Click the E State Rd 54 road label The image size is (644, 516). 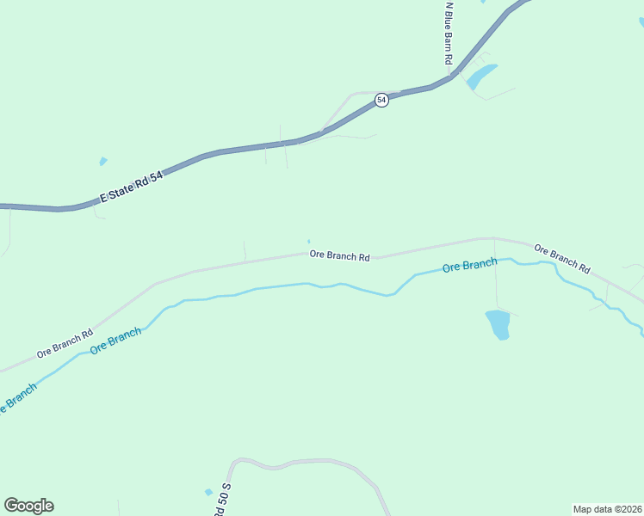[x=131, y=186]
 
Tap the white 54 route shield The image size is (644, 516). [x=381, y=101]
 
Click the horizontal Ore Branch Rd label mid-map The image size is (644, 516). [x=340, y=255]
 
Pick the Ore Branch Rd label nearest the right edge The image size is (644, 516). [x=561, y=257]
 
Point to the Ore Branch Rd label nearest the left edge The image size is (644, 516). [x=64, y=344]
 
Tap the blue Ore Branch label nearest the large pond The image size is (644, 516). [x=469, y=266]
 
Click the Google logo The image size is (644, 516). [x=28, y=506]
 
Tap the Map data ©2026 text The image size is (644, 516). [x=607, y=508]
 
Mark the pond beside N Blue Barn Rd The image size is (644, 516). [x=482, y=76]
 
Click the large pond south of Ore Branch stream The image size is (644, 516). [x=498, y=324]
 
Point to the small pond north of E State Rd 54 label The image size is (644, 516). [x=103, y=161]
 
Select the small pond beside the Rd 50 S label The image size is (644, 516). [x=208, y=492]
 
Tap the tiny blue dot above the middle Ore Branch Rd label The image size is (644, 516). [x=308, y=241]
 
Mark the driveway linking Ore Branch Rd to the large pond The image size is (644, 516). [x=495, y=275]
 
